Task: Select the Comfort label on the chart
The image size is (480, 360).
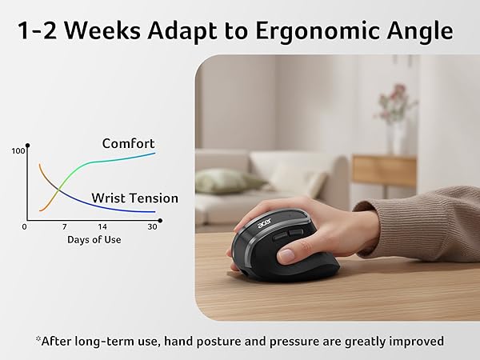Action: pyautogui.click(x=128, y=143)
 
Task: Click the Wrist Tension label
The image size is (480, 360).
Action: pyautogui.click(x=134, y=198)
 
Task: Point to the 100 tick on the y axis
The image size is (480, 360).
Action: pyautogui.click(x=18, y=150)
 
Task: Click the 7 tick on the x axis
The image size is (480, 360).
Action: pyautogui.click(x=64, y=227)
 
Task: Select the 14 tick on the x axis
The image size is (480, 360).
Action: pyautogui.click(x=102, y=227)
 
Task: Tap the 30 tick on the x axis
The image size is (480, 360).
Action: pyautogui.click(x=152, y=227)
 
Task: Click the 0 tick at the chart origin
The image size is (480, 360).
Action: pyautogui.click(x=25, y=227)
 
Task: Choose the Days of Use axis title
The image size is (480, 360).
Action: pyautogui.click(x=94, y=239)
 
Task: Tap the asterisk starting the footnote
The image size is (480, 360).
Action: pyautogui.click(x=38, y=339)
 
